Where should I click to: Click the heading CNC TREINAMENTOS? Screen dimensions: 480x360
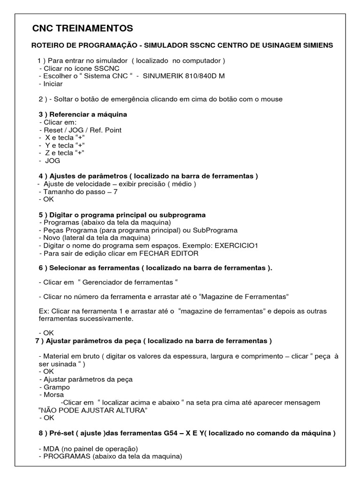click(82, 29)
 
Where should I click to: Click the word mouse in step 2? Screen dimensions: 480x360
click(273, 99)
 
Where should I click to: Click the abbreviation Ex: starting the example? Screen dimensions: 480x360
click(43, 311)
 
